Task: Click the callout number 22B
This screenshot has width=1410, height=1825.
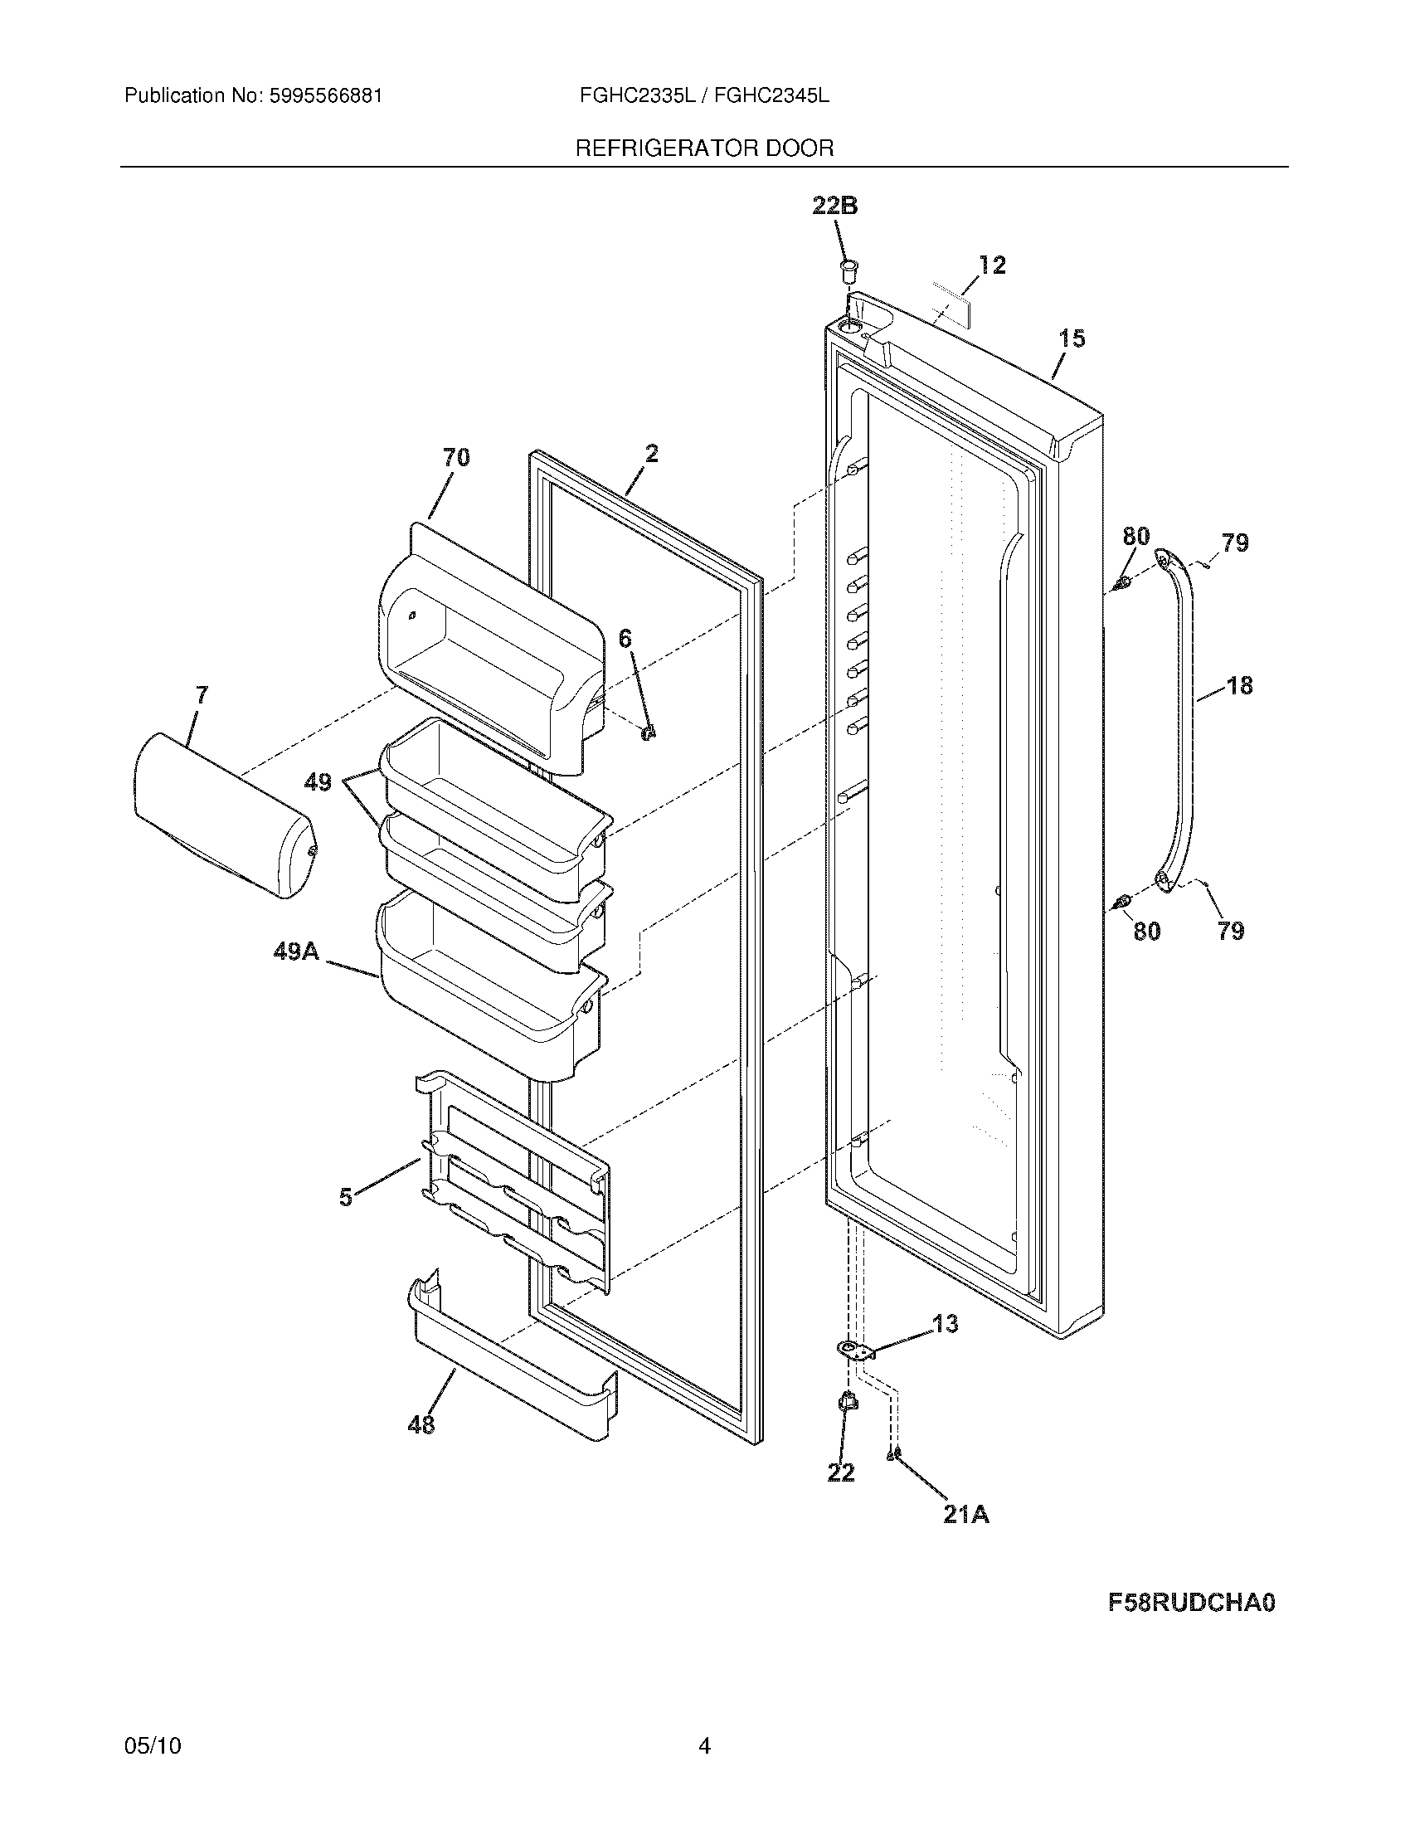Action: click(834, 206)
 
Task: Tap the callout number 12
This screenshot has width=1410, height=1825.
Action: click(991, 265)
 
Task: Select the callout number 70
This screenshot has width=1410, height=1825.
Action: click(456, 457)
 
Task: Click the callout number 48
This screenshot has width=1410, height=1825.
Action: click(421, 1423)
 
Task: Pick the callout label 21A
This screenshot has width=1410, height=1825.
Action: click(965, 1514)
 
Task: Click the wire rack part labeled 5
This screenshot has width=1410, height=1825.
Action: click(518, 1186)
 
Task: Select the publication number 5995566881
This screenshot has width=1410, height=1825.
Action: click(326, 96)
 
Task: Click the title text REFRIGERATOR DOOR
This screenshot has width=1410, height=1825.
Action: click(704, 148)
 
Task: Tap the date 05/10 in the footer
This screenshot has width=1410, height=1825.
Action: click(152, 1745)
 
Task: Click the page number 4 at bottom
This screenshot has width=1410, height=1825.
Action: click(704, 1745)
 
